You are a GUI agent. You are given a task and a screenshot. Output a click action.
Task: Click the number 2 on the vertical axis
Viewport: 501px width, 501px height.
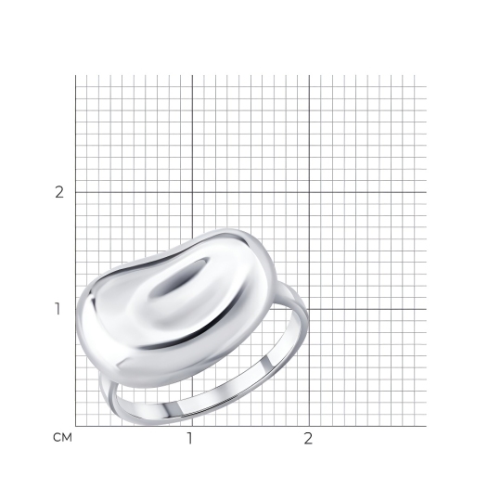pos(59,192)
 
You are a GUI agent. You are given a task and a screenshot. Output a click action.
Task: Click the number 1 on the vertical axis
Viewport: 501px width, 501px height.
pos(58,309)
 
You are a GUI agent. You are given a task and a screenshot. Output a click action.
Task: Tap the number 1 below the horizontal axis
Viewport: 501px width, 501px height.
pos(190,438)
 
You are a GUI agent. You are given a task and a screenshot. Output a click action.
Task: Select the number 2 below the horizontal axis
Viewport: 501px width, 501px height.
pos(308,438)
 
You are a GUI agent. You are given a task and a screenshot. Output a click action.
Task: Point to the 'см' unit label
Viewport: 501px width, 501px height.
pos(63,438)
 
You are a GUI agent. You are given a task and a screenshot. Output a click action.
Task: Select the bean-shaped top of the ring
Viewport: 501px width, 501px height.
pos(174,308)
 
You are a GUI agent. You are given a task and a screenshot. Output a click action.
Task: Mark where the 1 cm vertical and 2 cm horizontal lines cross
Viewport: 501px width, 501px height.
pos(192,192)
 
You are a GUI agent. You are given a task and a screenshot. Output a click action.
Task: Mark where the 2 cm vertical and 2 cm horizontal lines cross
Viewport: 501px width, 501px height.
pos(309,192)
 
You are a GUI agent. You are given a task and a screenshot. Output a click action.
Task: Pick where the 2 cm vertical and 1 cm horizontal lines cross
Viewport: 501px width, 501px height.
pos(309,309)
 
